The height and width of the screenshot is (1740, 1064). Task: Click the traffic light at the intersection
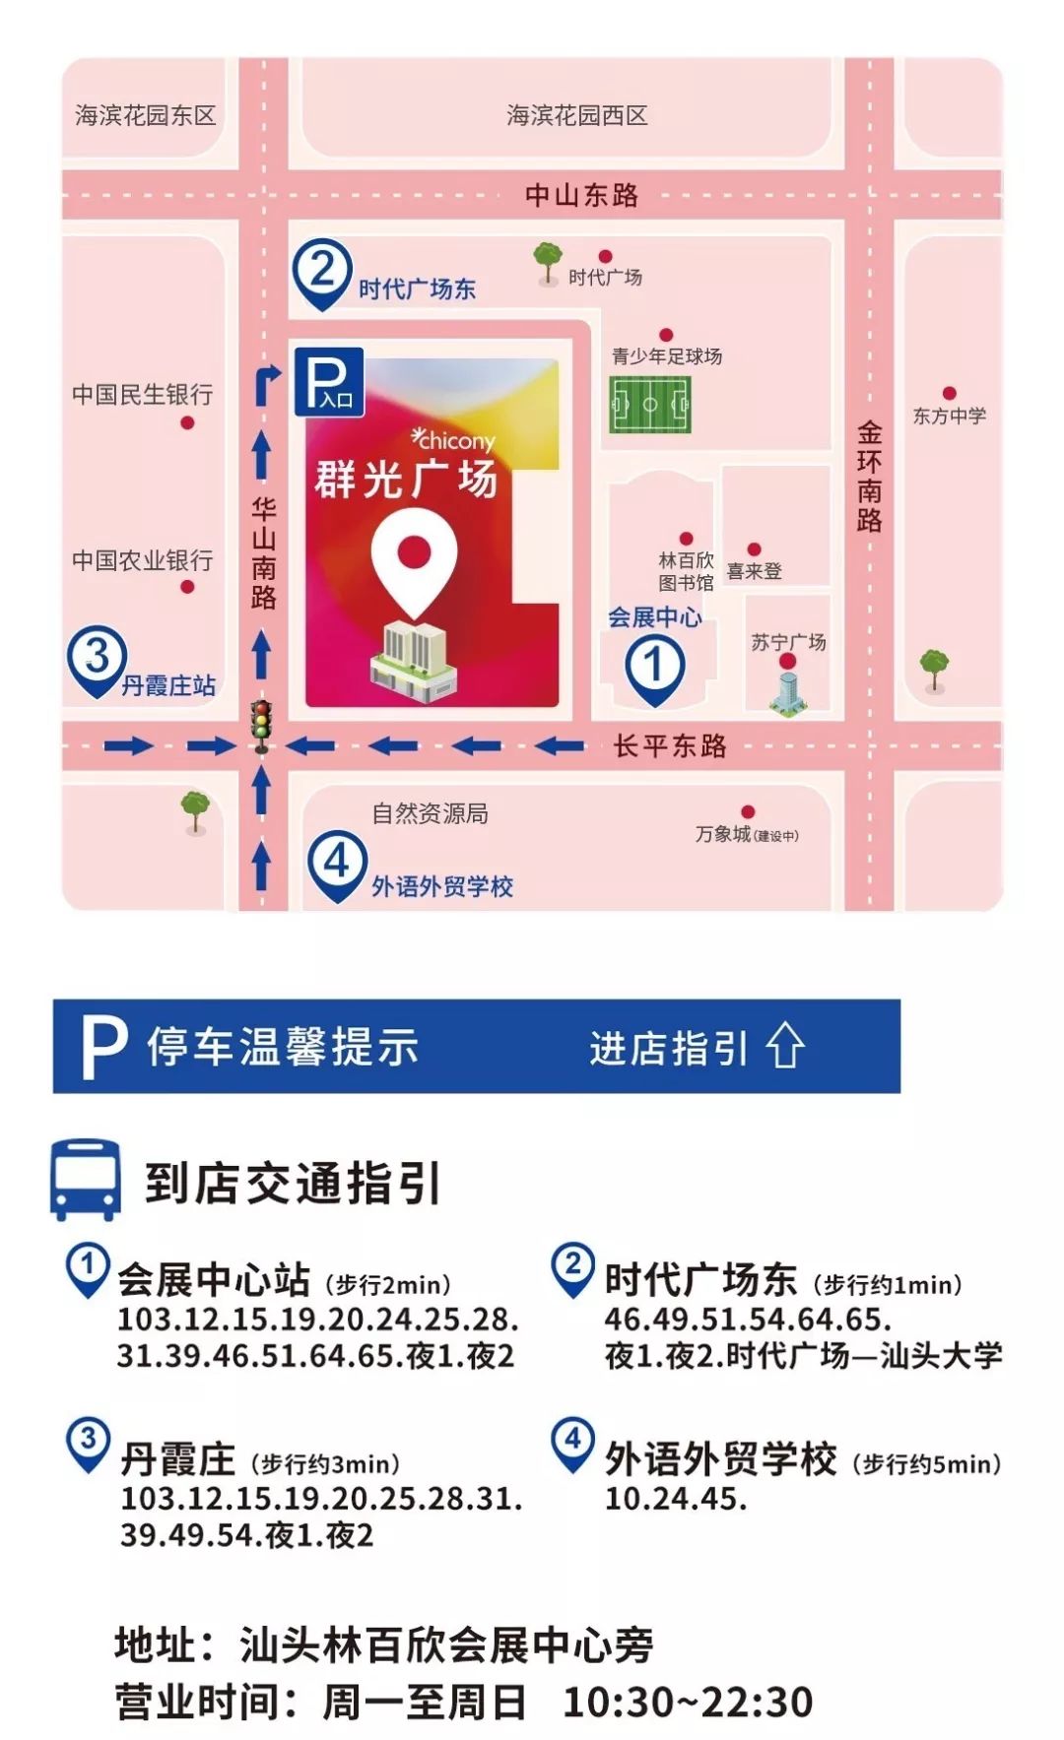pos(261,726)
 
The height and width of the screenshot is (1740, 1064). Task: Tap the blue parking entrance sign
pos(329,381)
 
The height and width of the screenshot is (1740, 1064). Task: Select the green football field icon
pos(650,404)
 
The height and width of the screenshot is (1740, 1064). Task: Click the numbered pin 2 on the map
pos(322,272)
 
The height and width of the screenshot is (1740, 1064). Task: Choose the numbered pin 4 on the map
pos(337,865)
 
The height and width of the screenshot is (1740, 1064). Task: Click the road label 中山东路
pos(581,195)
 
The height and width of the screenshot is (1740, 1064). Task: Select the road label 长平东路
pos(670,745)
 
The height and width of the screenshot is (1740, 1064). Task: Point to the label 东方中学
pos(949,416)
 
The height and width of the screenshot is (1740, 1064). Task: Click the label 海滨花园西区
pos(576,116)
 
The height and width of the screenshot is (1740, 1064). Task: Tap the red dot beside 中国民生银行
pos(187,422)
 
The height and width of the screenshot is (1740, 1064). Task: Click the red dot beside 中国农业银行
pos(187,587)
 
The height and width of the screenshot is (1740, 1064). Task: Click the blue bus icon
pos(86,1180)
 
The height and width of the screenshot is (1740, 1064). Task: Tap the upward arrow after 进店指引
pos(785,1046)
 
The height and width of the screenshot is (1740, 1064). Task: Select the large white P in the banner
pos(103,1047)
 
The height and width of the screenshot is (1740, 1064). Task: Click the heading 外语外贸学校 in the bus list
pos(720,1459)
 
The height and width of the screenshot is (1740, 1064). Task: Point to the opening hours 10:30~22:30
pos(688,1702)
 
